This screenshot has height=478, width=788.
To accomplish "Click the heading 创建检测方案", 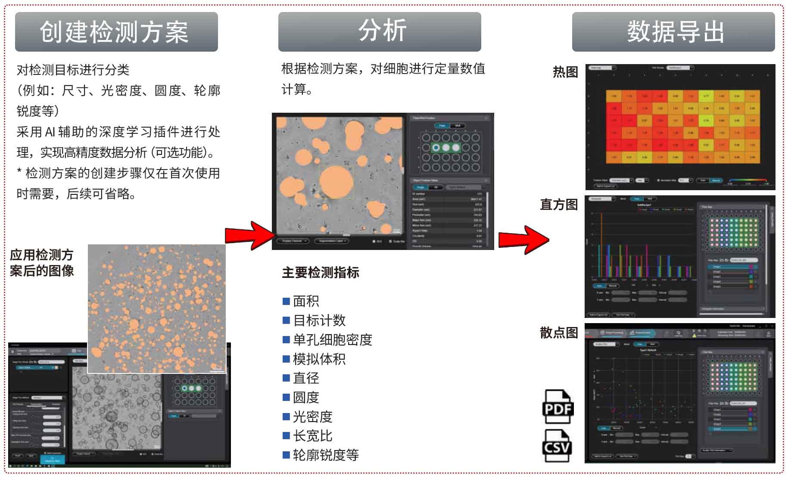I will click(x=116, y=32).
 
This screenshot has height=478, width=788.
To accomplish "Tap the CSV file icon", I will click(x=558, y=446).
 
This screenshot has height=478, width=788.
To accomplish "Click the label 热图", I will click(x=565, y=72).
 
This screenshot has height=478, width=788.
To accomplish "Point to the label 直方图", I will click(x=559, y=204).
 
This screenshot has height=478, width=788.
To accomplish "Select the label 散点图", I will click(x=559, y=333).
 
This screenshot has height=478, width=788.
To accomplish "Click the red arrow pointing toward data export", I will click(x=523, y=239).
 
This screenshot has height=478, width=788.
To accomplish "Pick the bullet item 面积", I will click(x=305, y=301).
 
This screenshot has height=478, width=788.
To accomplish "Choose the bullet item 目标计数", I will click(x=319, y=320).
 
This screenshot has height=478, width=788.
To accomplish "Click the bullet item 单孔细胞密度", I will click(x=332, y=339).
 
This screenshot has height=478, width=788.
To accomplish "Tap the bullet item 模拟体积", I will click(x=319, y=359).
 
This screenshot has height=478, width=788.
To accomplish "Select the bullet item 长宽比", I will click(x=312, y=436).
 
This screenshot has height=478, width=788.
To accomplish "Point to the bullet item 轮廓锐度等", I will click(x=325, y=455).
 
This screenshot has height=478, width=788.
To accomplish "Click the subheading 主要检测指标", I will click(x=321, y=272).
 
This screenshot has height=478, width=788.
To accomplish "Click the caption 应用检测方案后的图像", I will click(x=42, y=263).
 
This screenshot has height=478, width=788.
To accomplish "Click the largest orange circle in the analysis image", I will click(x=336, y=182).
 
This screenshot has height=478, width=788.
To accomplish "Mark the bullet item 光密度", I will click(x=312, y=416).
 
